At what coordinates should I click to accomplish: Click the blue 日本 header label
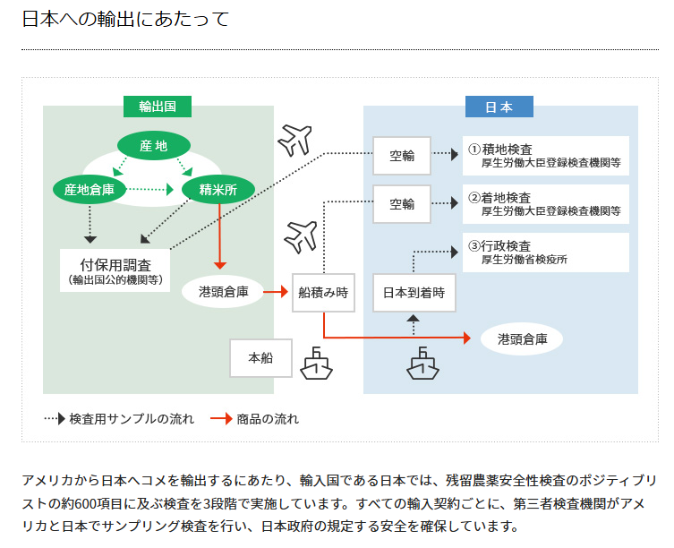[499, 107]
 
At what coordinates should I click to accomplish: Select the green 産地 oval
[153, 145]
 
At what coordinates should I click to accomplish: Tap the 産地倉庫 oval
[90, 189]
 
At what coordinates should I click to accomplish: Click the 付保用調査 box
[115, 270]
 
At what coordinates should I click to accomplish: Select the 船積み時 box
[323, 292]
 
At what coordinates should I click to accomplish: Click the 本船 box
[260, 357]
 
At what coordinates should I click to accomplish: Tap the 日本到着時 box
[414, 292]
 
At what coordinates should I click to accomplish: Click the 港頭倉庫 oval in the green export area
[222, 291]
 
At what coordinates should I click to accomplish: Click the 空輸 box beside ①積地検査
[402, 155]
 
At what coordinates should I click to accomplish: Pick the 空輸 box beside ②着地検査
[402, 204]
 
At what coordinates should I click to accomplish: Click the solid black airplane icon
[294, 139]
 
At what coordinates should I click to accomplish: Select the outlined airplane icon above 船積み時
[301, 236]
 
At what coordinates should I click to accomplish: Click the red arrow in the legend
[220, 418]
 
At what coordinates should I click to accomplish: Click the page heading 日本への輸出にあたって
[125, 19]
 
